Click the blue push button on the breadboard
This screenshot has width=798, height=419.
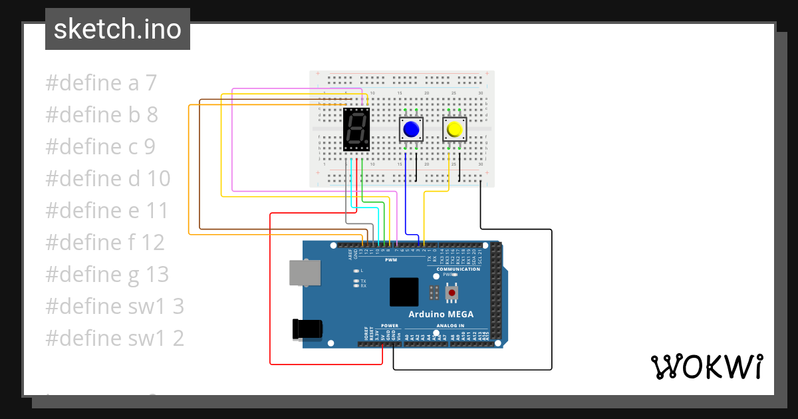tap(411, 129)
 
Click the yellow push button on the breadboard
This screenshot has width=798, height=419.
tap(455, 129)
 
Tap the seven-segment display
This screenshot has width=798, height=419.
tap(356, 130)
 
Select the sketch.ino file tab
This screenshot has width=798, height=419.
tap(117, 29)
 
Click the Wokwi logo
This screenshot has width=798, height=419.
tap(706, 366)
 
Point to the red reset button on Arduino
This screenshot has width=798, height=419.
tap(452, 292)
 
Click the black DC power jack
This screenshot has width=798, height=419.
tap(308, 329)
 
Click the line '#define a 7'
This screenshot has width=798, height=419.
tap(101, 83)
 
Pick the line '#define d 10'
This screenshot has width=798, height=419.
tap(108, 179)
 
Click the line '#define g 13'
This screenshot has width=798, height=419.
tap(107, 275)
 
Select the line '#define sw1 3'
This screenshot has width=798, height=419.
tap(114, 307)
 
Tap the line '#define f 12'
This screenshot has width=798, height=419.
tap(104, 243)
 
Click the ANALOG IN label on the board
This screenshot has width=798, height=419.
tap(450, 326)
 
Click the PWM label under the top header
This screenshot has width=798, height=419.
tap(391, 260)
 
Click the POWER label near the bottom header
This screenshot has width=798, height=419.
tap(390, 326)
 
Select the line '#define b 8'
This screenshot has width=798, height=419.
tap(102, 115)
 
